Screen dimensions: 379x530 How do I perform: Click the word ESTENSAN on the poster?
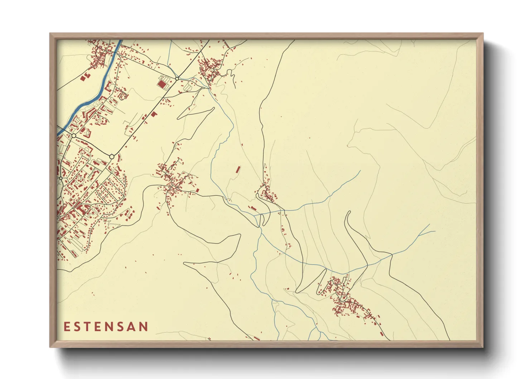106,327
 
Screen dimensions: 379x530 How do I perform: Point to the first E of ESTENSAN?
67,327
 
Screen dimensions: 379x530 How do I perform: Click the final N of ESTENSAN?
144,327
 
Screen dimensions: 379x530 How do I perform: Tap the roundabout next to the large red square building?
177,78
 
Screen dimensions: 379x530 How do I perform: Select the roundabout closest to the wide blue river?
74,136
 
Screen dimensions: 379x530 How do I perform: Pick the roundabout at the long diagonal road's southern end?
112,157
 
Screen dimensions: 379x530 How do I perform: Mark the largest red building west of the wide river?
85,77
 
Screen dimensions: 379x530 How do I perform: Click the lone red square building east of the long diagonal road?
154,114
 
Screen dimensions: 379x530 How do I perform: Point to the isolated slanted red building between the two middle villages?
238,169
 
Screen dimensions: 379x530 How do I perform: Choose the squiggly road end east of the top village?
235,86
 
